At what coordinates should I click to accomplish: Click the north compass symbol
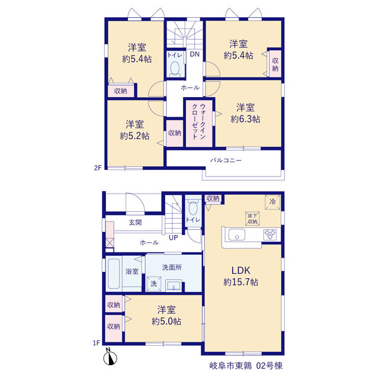[110, 356]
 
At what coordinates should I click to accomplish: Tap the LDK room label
[241, 271]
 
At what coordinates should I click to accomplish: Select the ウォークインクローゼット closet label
[199, 121]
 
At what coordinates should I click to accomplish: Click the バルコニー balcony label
[226, 160]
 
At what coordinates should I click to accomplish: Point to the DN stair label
[195, 54]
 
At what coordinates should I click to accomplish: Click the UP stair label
[174, 237]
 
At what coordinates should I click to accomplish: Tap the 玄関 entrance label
[136, 223]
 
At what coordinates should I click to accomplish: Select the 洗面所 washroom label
[172, 267]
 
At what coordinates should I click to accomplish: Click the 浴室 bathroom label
[132, 271]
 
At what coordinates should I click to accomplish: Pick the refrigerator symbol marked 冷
[272, 202]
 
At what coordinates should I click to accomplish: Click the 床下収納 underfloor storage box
[252, 219]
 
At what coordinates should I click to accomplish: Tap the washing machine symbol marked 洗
[154, 284]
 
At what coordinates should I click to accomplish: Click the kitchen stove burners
[270, 235]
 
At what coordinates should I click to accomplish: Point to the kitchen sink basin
[237, 235]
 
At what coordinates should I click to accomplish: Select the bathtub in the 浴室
[114, 274]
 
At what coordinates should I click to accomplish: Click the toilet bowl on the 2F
[175, 68]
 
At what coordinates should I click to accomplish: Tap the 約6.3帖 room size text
[245, 119]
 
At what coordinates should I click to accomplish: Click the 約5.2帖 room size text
[134, 136]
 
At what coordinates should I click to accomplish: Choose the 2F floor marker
[98, 168]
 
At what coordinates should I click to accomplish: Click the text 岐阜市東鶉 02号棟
[246, 366]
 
